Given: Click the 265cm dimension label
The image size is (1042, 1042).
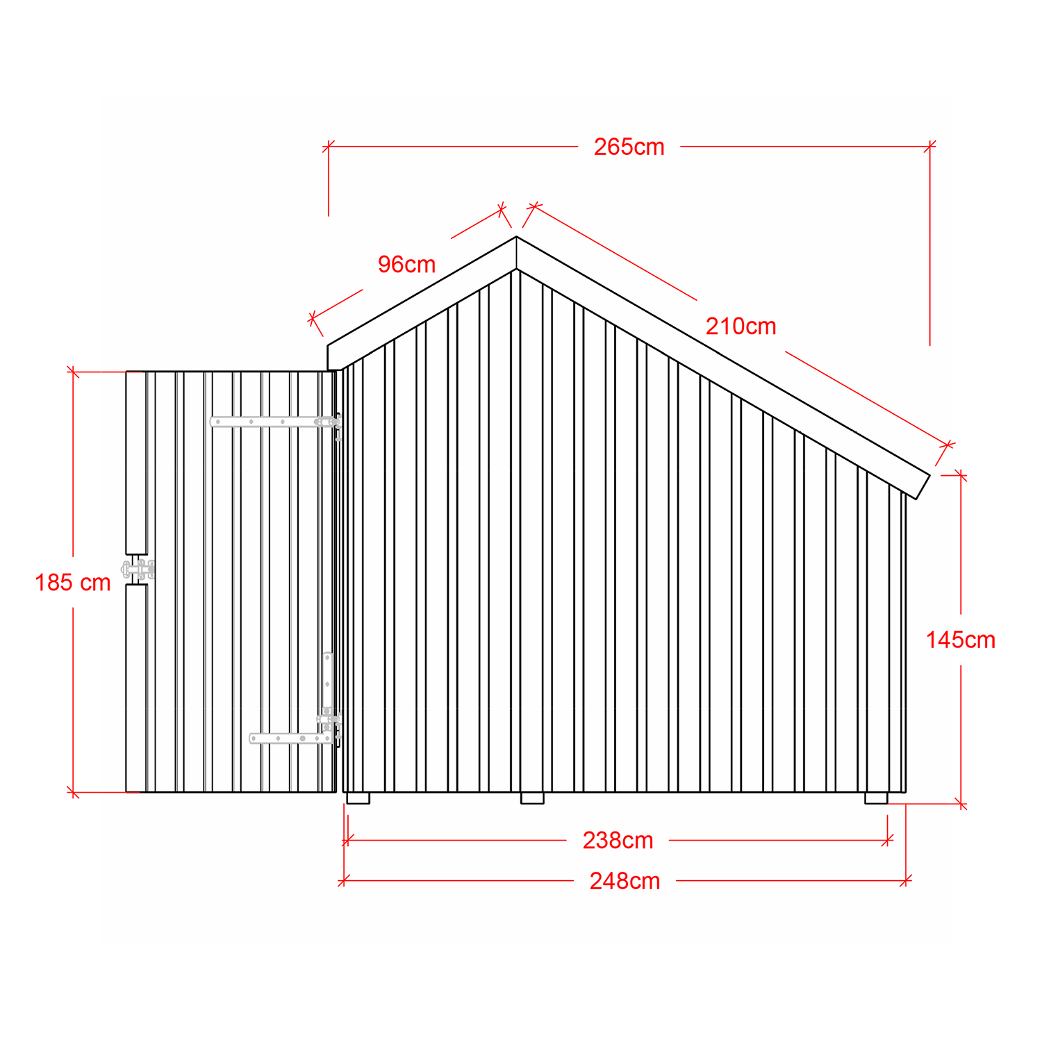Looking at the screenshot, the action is pyautogui.click(x=629, y=147).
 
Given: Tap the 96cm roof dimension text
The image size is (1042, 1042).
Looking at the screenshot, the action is pyautogui.click(x=406, y=265).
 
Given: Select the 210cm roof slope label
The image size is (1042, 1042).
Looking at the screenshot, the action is pyautogui.click(x=741, y=326).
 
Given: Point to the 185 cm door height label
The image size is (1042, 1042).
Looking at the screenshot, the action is pyautogui.click(x=73, y=583).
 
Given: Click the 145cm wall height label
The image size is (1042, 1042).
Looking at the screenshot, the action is pyautogui.click(x=960, y=640).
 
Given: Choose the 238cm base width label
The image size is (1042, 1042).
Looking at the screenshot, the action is pyautogui.click(x=618, y=841).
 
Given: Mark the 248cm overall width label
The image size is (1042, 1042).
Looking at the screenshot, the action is pyautogui.click(x=625, y=882).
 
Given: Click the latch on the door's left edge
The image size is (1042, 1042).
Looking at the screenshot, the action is pyautogui.click(x=138, y=570).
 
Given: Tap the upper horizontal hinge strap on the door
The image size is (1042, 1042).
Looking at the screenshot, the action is pyautogui.click(x=275, y=422).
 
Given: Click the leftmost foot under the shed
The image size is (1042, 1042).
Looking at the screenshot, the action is pyautogui.click(x=358, y=798).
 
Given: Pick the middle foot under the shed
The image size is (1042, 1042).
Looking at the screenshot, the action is pyautogui.click(x=532, y=798).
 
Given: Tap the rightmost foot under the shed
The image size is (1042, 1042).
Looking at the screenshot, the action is pyautogui.click(x=876, y=798).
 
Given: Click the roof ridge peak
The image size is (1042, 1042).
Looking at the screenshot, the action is pyautogui.click(x=516, y=237).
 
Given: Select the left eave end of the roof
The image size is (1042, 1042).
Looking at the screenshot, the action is pyautogui.click(x=328, y=357).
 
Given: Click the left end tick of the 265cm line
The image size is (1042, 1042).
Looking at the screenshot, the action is pyautogui.click(x=329, y=147).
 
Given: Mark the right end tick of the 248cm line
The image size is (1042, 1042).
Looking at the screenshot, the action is pyautogui.click(x=906, y=881).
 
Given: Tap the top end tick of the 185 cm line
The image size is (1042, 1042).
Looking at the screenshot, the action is pyautogui.click(x=73, y=372).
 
